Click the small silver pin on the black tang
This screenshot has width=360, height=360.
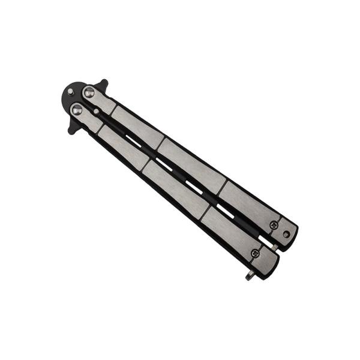click(x=71, y=92)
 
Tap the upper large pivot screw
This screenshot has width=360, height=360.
click(x=89, y=92)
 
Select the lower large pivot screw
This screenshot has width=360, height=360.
click(x=77, y=109)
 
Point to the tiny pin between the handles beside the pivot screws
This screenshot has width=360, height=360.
click(x=95, y=111)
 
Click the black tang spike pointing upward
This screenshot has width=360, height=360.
click(x=103, y=83)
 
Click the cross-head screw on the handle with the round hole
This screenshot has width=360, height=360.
click(x=274, y=225)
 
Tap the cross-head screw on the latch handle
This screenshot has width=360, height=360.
click(x=255, y=253)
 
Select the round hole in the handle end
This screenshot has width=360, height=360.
click(x=286, y=233)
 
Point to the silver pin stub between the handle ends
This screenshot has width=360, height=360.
click(x=274, y=247)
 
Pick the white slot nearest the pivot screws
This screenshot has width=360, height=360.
click(x=133, y=141)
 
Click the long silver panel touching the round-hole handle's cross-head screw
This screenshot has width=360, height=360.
click(x=249, y=203)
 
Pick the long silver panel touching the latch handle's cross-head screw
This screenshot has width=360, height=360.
click(x=228, y=230)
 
